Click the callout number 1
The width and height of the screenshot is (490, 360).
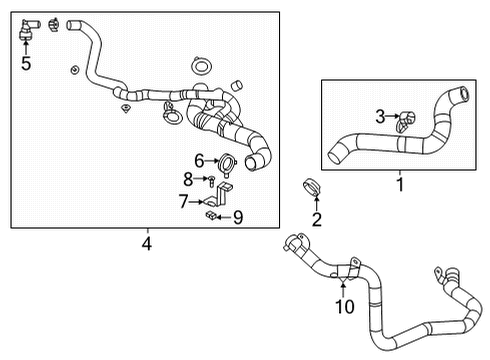click(x=400, y=184)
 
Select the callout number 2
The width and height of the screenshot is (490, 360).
click(x=317, y=219)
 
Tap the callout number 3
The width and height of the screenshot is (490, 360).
click(x=380, y=118)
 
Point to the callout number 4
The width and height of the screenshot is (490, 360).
click(x=147, y=241)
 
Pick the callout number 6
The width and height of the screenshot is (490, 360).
click(x=199, y=160)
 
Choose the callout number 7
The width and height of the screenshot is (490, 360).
click(x=183, y=200)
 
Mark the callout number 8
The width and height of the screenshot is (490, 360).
click(x=187, y=179)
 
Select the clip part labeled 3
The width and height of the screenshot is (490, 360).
click(x=403, y=121)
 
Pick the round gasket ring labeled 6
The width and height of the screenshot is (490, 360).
click(x=225, y=161)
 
